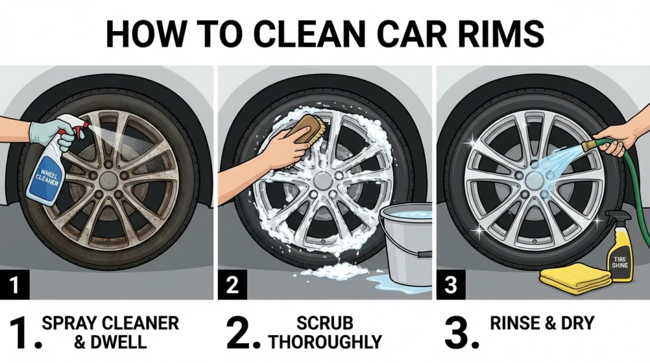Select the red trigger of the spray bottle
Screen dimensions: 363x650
[77, 131]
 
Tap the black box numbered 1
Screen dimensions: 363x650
[15, 286]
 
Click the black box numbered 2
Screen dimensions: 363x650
[232, 286]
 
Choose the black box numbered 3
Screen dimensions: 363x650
[450, 286]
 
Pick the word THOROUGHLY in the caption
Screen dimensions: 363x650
[325, 343]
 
